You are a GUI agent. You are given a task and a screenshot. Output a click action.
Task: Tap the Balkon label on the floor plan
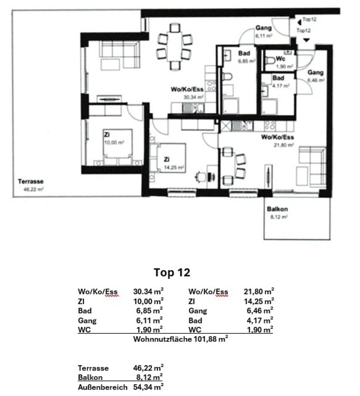point(277,209)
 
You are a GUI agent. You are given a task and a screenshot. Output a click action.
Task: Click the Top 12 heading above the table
point(172,272)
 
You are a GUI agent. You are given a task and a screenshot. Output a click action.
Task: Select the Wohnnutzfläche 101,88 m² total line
point(180,339)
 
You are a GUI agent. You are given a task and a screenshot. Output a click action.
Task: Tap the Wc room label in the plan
point(281,59)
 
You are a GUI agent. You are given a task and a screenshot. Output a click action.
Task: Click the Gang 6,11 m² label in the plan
point(263,32)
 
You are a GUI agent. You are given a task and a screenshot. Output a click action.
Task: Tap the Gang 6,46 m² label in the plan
point(315,75)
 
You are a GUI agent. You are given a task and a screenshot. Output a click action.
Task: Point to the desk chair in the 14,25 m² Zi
point(201,176)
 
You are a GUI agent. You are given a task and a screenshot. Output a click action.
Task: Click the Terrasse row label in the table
point(93,368)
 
